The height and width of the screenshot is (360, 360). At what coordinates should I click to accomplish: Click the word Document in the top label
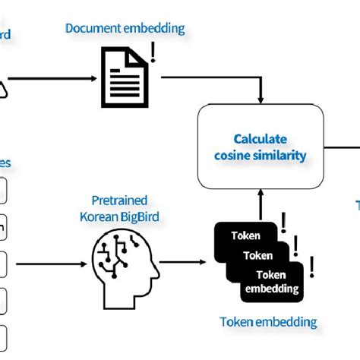[90, 28]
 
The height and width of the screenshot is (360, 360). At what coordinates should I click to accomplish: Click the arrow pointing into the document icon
[53, 77]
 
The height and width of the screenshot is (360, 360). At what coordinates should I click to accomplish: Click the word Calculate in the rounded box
[261, 140]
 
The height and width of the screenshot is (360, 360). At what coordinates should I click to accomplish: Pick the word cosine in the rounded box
[234, 156]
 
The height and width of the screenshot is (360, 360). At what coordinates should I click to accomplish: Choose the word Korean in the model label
[100, 216]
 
